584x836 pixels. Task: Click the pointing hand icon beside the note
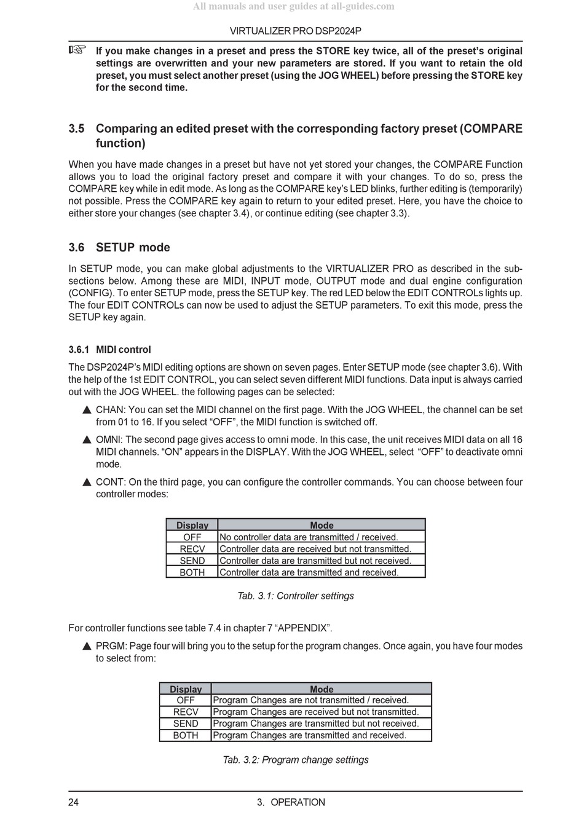coord(77,50)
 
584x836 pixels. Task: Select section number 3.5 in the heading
coord(76,128)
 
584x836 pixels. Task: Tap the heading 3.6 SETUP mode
coord(119,247)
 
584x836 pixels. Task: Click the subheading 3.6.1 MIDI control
coord(109,350)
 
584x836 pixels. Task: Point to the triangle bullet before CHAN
coord(87,410)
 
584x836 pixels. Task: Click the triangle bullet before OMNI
coord(87,440)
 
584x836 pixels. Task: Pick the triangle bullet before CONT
coord(87,483)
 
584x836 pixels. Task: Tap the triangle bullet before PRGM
coord(87,647)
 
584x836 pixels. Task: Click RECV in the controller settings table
coord(192,549)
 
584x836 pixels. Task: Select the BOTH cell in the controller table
coord(192,572)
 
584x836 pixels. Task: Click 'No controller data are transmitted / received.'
coord(309,537)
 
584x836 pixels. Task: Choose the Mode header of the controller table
coord(322,525)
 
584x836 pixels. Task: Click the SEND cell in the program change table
coord(186,724)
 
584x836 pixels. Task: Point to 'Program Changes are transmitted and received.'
coord(309,736)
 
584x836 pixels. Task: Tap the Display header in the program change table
coord(186,689)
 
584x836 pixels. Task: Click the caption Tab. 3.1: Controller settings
coord(296,596)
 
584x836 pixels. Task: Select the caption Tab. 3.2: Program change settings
coord(296,760)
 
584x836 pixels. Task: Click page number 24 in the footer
coord(74,802)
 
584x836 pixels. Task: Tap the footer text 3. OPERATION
coord(291,802)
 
